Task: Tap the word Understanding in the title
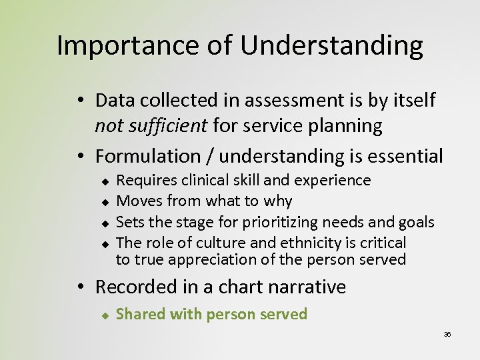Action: (331, 45)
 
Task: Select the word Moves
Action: (139, 201)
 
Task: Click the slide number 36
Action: (447, 334)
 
